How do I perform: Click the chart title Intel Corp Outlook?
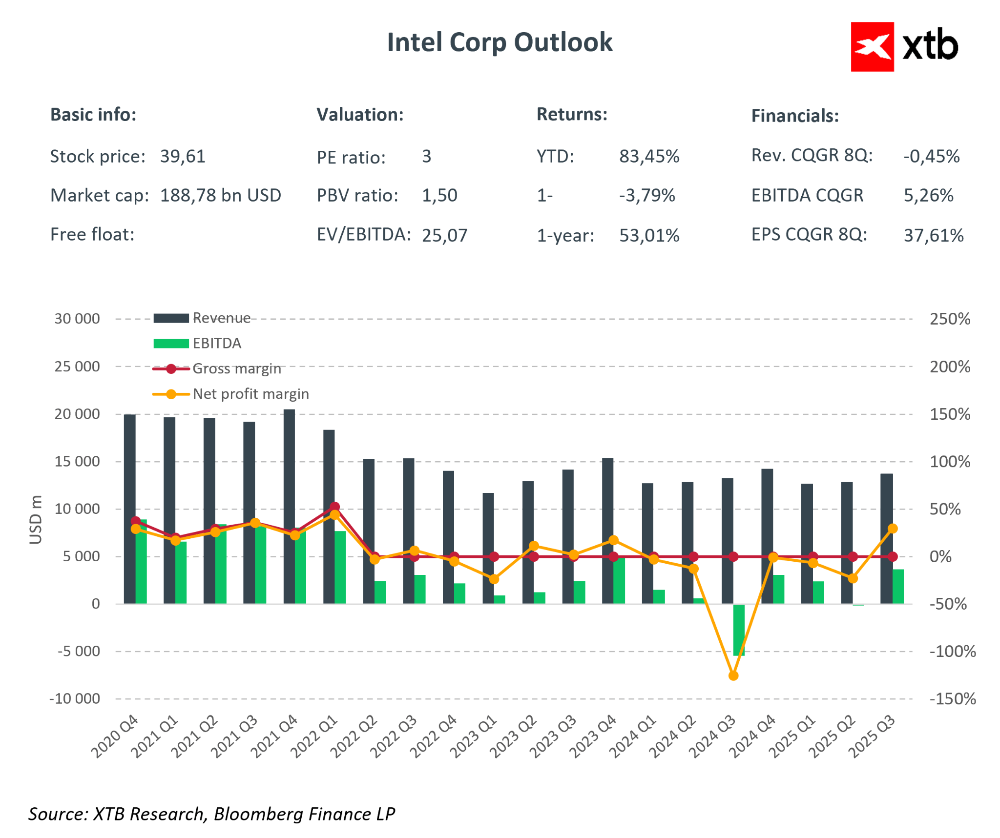[499, 42]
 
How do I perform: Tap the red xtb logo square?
[872, 47]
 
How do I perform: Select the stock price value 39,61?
[183, 157]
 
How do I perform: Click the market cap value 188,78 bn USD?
[220, 195]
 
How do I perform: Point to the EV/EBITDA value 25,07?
[444, 235]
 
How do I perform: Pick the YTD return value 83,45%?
[649, 157]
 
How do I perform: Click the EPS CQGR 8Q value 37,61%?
[933, 235]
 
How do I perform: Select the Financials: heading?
[794, 116]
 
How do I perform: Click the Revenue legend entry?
[221, 318]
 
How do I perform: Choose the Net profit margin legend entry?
[250, 394]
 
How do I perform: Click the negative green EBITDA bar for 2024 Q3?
[739, 630]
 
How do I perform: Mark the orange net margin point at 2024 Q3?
[733, 675]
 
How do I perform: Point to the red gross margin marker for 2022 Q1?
[334, 507]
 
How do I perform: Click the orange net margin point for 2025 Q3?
[893, 529]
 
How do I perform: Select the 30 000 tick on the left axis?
[77, 319]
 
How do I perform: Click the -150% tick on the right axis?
[952, 698]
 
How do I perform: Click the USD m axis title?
[36, 519]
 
